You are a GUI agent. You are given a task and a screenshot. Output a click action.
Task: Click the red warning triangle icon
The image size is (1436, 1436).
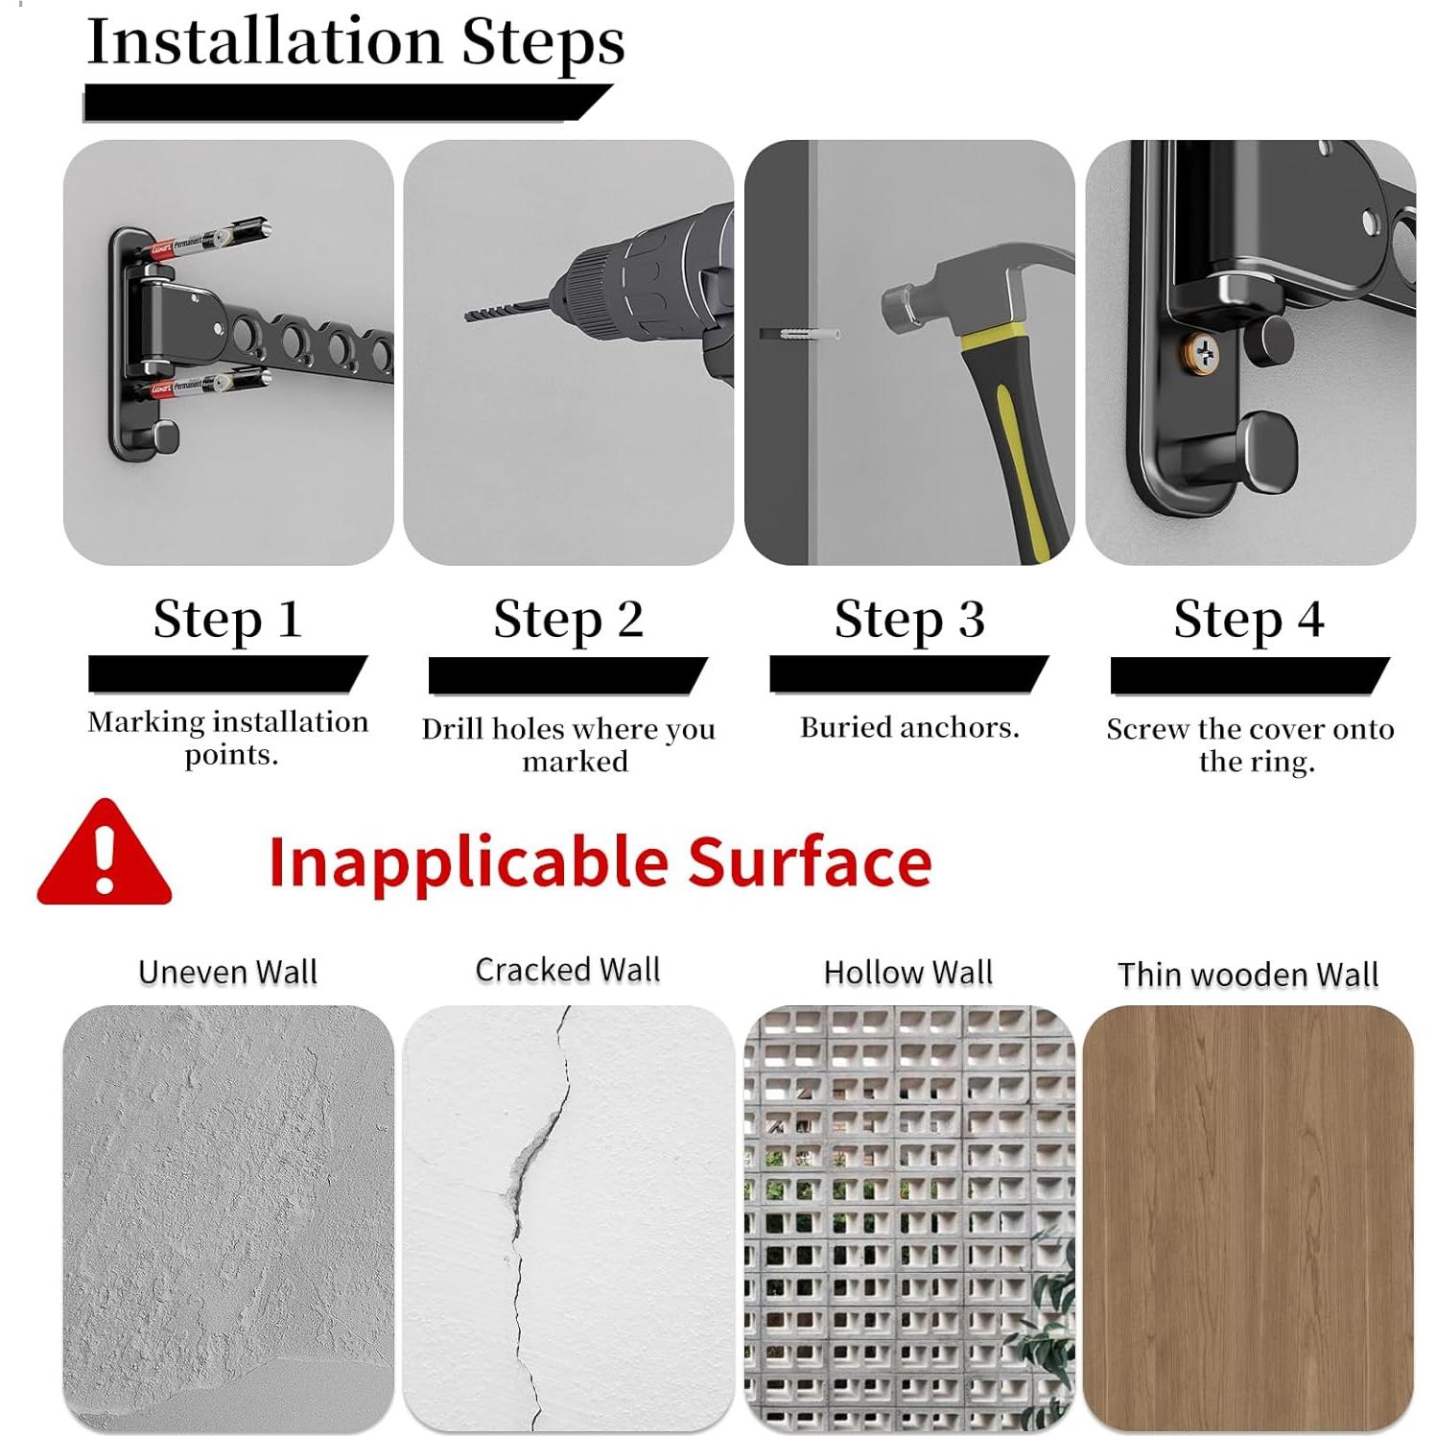point(104,854)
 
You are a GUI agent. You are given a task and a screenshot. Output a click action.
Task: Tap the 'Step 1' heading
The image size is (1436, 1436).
point(227,619)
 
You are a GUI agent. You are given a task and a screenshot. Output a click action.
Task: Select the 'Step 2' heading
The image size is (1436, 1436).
point(568,619)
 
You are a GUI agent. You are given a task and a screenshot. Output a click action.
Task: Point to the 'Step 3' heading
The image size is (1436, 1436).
point(909,619)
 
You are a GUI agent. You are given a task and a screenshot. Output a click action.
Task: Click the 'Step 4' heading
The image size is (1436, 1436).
point(1249,619)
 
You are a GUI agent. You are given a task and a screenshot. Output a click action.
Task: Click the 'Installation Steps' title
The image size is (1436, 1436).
point(355,42)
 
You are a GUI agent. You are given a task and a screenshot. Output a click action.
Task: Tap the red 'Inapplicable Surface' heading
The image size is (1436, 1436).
point(600,861)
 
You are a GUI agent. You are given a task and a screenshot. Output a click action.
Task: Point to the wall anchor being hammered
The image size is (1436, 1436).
point(800,334)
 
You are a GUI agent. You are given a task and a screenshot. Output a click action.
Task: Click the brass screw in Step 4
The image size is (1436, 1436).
point(1202,354)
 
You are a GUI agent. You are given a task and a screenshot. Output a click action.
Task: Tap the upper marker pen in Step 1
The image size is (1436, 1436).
point(209,240)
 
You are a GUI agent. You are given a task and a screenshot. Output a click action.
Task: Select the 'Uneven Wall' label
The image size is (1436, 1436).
point(227,972)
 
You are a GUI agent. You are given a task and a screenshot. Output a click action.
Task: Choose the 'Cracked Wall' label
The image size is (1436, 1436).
point(568,970)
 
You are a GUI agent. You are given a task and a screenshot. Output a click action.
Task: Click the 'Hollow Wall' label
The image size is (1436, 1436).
point(908,972)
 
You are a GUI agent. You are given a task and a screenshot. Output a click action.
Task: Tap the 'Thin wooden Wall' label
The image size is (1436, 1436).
point(1248,975)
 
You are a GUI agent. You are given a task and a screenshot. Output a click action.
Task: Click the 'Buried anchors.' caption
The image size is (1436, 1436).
point(909,727)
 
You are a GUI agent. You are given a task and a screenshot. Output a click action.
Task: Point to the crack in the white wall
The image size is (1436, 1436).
point(533,1199)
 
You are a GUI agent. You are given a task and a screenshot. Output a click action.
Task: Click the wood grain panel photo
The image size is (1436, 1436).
point(1248,1218)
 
